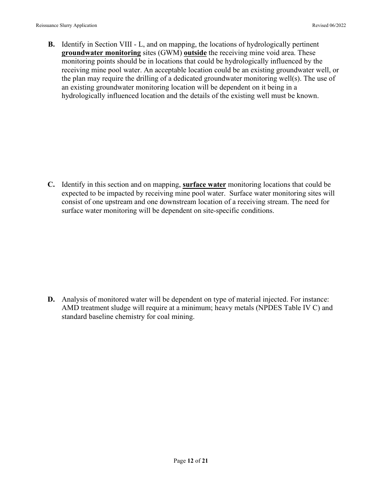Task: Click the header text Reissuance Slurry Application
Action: (66, 25)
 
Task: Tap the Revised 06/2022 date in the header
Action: (329, 25)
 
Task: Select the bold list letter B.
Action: (51, 44)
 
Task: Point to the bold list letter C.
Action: (51, 185)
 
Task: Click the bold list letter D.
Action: (51, 299)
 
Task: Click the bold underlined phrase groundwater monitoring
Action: (101, 53)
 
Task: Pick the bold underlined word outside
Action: (195, 53)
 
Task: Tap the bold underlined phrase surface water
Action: (204, 185)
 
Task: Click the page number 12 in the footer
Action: (190, 461)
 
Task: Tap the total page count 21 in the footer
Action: (205, 461)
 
